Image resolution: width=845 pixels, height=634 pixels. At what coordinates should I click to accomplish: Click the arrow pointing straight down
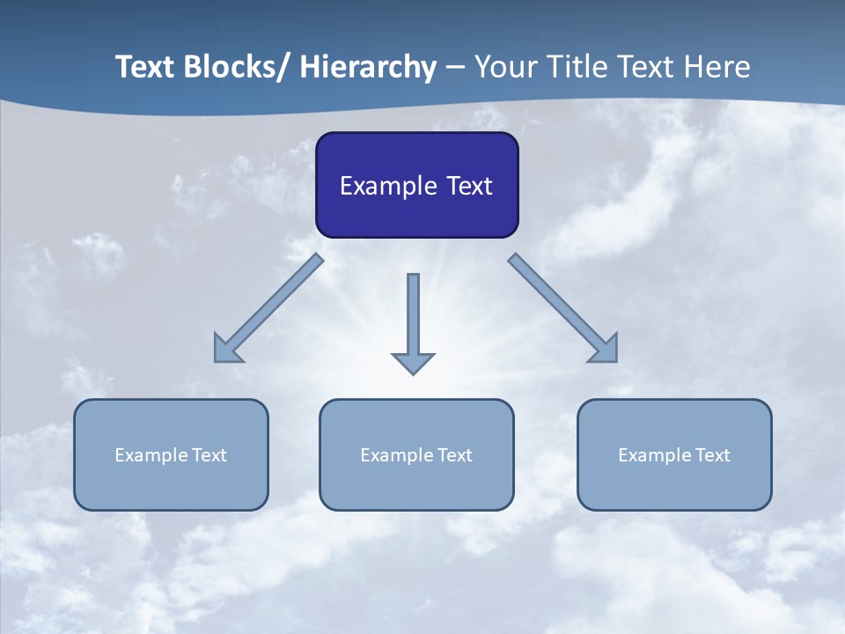[413, 317]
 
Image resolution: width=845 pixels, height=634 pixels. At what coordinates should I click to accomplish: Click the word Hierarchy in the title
[367, 67]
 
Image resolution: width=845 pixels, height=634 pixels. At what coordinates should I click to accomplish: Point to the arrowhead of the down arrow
[413, 362]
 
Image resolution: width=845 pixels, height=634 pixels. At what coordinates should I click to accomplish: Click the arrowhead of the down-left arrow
[225, 350]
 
